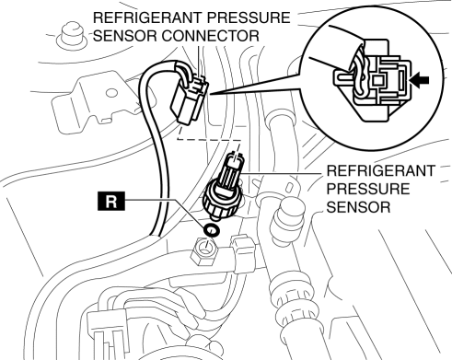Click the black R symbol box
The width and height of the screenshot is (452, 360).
(x=111, y=202)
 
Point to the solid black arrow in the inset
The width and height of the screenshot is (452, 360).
(x=420, y=80)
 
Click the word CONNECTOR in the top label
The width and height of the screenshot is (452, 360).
(x=211, y=36)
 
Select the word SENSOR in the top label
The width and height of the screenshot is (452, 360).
(x=125, y=36)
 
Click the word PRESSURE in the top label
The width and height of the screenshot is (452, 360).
(x=248, y=17)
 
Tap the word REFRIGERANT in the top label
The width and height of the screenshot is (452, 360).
(x=147, y=17)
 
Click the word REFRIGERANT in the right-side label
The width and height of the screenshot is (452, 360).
(x=381, y=171)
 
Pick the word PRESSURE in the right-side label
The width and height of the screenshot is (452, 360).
(x=368, y=189)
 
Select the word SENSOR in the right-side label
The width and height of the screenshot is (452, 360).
(x=358, y=207)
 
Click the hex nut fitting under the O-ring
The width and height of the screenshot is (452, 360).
(x=204, y=252)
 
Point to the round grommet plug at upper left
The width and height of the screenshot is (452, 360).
(x=73, y=36)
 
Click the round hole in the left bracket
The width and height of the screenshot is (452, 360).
(x=111, y=93)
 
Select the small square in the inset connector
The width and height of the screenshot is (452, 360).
(x=377, y=80)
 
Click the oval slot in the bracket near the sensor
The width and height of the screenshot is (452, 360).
(x=290, y=187)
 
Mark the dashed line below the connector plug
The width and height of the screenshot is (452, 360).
(x=209, y=140)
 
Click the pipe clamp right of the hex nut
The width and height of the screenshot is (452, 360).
(x=244, y=254)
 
